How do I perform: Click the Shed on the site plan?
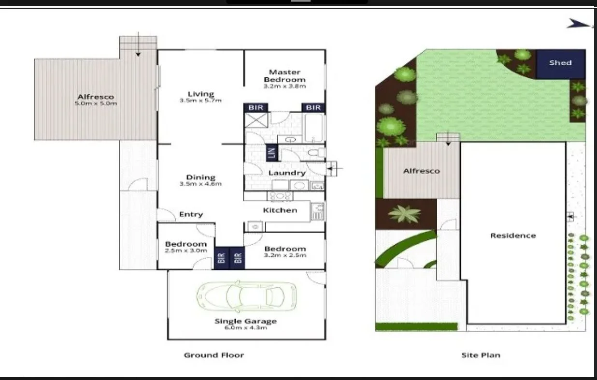[560, 63]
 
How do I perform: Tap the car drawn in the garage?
[246, 295]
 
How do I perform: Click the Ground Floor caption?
[214, 355]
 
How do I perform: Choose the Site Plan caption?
[481, 355]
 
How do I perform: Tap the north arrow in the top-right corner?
[579, 23]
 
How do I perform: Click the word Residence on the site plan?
[513, 236]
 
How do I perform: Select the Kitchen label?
[280, 210]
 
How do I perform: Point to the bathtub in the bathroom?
[314, 128]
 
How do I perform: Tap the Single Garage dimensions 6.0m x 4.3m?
[246, 328]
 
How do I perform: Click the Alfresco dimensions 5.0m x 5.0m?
[96, 103]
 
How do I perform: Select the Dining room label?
[200, 177]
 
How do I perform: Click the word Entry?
[191, 214]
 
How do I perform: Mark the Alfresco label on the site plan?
[422, 171]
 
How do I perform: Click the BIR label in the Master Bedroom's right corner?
[313, 107]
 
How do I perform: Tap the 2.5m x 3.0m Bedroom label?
[186, 251]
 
